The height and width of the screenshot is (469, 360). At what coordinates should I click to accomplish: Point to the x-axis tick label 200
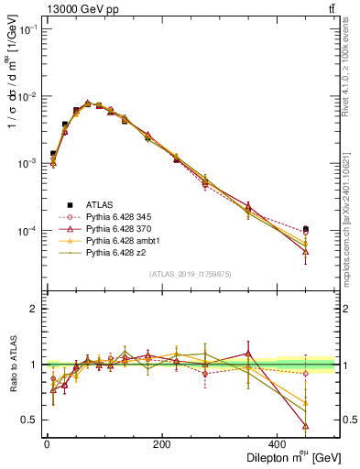coord(161,444)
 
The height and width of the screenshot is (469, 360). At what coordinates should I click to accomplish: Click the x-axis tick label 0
coord(46,444)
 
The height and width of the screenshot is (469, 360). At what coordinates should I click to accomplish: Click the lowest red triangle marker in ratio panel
coord(305,426)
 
